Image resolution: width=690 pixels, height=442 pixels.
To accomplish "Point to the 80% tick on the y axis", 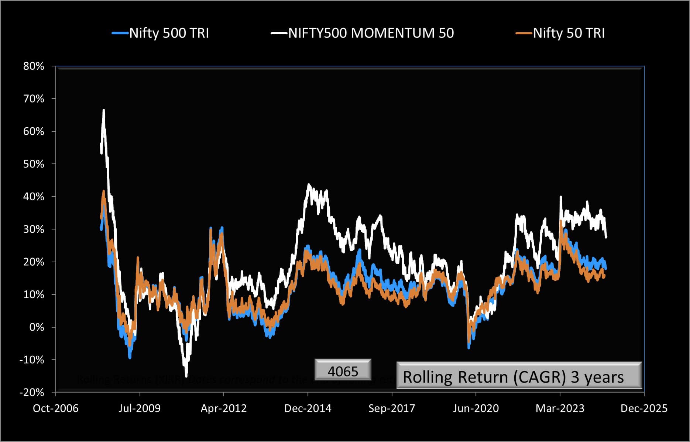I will tap(34, 66).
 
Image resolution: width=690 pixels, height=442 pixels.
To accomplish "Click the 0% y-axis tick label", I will tap(37, 327).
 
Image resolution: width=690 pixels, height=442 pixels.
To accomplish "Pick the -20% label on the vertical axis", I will tap(32, 392).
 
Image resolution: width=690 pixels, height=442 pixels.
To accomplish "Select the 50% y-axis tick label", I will tap(34, 164).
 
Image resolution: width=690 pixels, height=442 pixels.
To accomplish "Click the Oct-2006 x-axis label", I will tap(56, 408).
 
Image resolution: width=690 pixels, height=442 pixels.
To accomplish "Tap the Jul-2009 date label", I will tap(140, 408).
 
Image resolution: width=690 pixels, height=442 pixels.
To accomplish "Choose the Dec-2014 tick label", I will tap(308, 408).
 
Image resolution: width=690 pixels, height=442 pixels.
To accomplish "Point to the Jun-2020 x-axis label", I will tap(476, 408).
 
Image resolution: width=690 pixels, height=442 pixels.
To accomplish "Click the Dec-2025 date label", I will tap(644, 408).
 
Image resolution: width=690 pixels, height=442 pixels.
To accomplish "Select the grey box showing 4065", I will tap(343, 370).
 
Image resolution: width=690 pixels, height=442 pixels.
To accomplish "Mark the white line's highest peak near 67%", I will tap(104, 110).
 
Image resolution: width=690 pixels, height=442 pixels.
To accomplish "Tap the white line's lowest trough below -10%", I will tap(186, 376).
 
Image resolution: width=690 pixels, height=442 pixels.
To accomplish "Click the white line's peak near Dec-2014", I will tap(309, 184).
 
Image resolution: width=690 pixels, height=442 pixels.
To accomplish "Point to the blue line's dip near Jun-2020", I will tap(469, 348).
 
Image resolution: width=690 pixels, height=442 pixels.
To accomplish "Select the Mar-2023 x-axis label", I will tap(560, 408).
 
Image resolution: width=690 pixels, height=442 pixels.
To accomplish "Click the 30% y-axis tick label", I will tap(34, 229).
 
